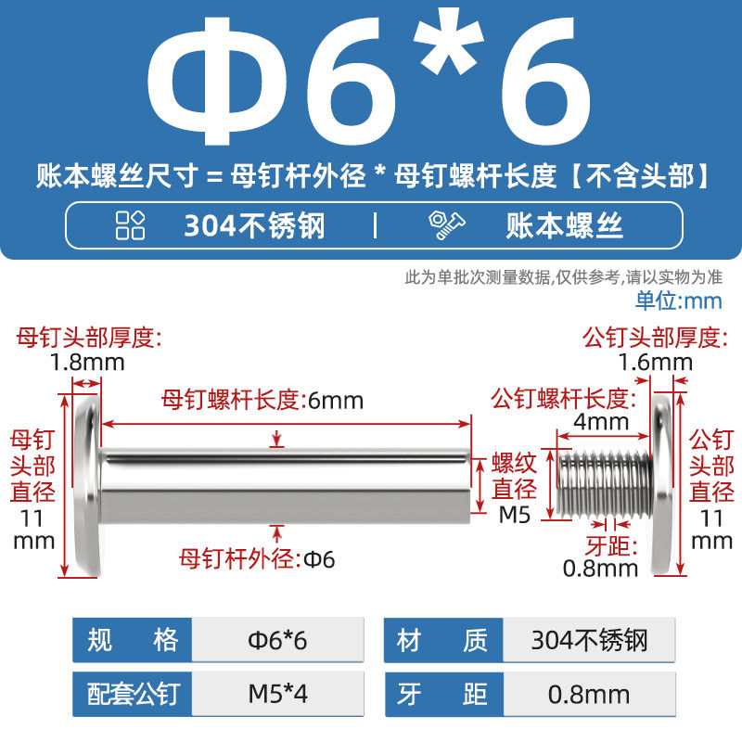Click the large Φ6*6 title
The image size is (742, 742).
point(368,80)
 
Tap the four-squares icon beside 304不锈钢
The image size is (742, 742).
point(130,225)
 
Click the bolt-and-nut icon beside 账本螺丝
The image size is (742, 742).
point(447,224)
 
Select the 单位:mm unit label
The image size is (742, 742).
point(679,301)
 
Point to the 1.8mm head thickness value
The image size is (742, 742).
point(87,363)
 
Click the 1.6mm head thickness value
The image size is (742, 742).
point(656,363)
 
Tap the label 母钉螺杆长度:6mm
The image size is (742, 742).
point(262,401)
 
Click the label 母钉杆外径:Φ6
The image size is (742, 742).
point(257,559)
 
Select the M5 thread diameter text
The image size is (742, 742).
point(515,515)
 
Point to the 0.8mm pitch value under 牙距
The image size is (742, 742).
point(600,569)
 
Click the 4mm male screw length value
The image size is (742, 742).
point(601,421)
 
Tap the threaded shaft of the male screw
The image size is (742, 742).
point(605,483)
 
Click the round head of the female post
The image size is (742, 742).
point(88,485)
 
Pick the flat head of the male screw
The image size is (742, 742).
point(662,485)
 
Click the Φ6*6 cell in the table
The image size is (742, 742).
point(277,640)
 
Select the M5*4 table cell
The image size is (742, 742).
point(277,694)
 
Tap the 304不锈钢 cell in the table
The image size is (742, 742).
point(589,640)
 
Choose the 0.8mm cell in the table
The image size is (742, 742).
point(589,694)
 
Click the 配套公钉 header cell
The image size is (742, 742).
point(132,694)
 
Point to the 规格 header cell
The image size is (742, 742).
point(132,640)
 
